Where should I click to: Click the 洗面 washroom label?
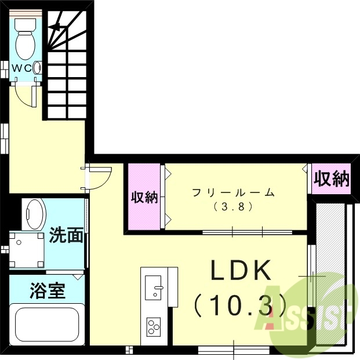pos(66,236)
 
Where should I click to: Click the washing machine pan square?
pos(26,249)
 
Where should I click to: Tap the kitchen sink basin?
pos(155,286)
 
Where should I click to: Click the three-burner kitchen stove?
pos(154,326)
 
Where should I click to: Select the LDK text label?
pos(241,271)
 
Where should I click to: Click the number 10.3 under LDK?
pos(240,303)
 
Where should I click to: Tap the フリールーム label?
pos(233,193)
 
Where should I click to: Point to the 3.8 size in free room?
pos(233,206)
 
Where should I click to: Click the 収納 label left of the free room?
pos(144,197)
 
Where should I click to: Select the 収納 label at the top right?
pos(332,179)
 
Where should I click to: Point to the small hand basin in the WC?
pos(38,68)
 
